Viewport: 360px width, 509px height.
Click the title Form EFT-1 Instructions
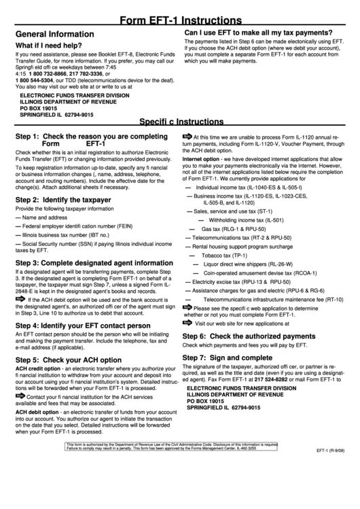(x=180, y=21)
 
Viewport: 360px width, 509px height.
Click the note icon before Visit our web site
(x=187, y=323)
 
